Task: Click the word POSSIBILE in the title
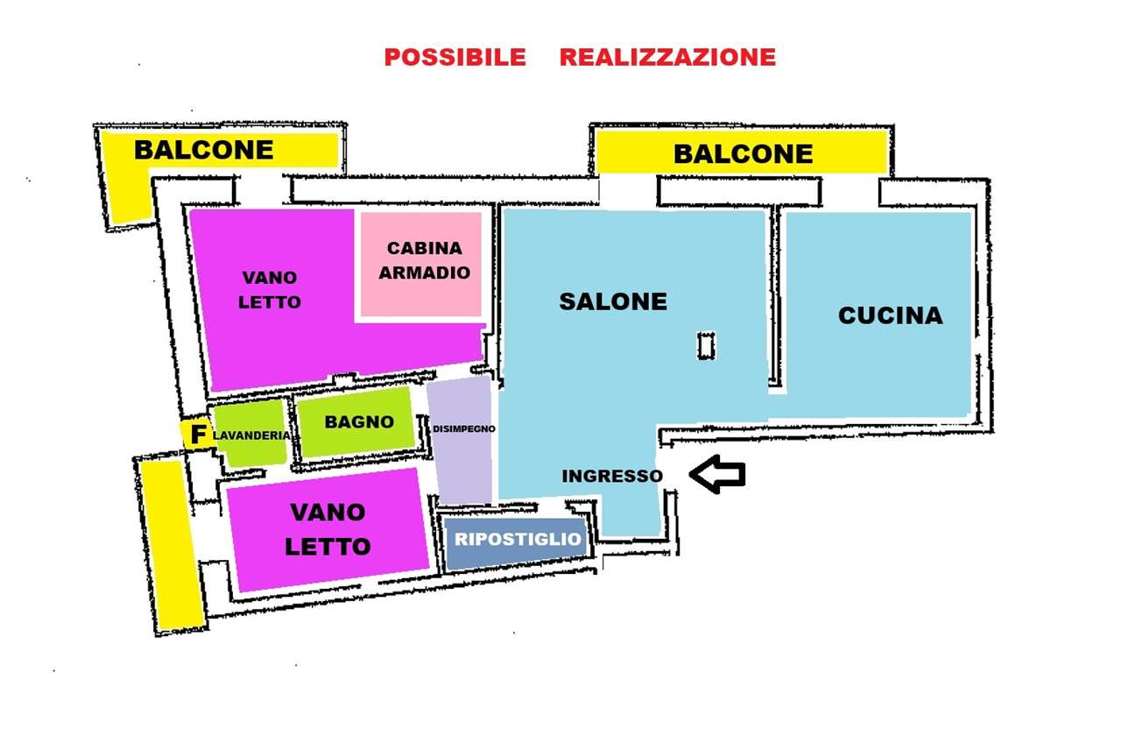click(x=455, y=57)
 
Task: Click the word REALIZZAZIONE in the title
click(x=667, y=57)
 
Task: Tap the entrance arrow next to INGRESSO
click(x=717, y=474)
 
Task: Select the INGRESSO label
click(x=612, y=476)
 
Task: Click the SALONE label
click(x=613, y=301)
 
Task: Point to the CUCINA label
click(x=891, y=315)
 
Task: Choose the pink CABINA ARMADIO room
click(x=421, y=265)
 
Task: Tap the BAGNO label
click(x=359, y=422)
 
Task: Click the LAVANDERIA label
click(x=251, y=435)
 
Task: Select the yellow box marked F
click(x=195, y=434)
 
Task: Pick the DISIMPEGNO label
click(x=464, y=429)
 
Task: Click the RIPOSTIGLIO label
click(x=518, y=539)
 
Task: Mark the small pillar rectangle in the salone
click(x=706, y=346)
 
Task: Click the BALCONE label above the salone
click(x=744, y=153)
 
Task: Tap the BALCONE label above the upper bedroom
click(x=204, y=150)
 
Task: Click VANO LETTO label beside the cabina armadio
click(x=270, y=290)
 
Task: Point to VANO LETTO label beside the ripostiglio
click(x=328, y=529)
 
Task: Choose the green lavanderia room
click(x=250, y=433)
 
